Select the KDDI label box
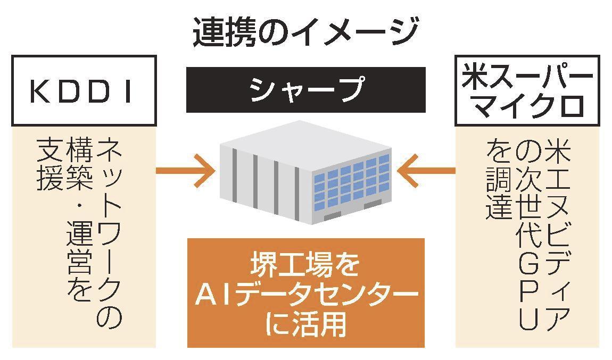[84, 91]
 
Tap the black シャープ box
[305, 89]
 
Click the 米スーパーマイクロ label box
[527, 91]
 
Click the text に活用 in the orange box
[305, 323]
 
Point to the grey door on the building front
[332, 215]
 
